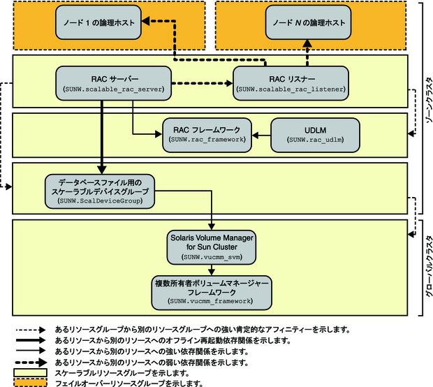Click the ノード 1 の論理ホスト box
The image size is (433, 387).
point(97,23)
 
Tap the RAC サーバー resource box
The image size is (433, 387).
point(112,82)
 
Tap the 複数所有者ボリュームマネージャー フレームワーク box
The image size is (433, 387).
point(212,291)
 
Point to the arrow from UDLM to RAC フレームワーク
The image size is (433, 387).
point(261,133)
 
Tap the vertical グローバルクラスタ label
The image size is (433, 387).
point(427,265)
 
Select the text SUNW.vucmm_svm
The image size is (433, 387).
point(212,258)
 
